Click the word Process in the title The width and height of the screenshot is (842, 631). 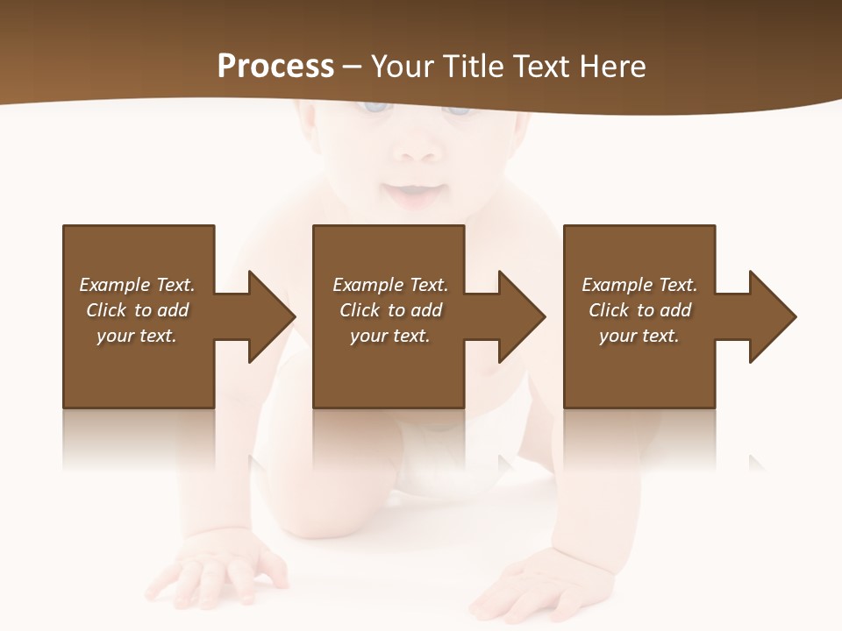pos(275,67)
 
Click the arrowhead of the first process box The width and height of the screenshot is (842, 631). pos(268,316)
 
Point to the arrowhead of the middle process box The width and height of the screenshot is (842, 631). pos(519,316)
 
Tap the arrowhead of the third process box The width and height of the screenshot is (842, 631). pos(770,316)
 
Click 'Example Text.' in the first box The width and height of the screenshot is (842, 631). pos(137,285)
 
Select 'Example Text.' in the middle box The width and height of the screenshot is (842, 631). pos(390,285)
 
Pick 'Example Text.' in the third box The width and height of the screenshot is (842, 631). pos(639,285)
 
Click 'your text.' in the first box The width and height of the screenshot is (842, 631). pos(137,336)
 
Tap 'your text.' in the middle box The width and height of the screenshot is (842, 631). pos(390,336)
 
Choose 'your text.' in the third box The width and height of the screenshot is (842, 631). pos(639,336)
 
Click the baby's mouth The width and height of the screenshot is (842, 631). pos(410,191)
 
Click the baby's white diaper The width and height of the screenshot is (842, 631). pos(439,460)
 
